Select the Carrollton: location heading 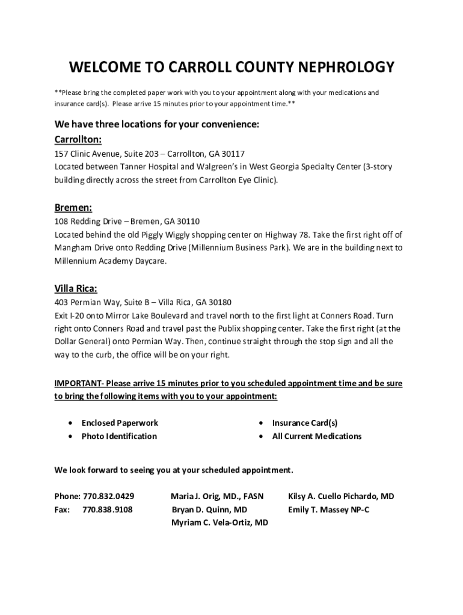(78, 140)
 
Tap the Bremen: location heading (73, 208)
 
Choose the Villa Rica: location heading (76, 288)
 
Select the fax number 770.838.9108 (108, 509)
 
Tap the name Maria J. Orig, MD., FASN (217, 496)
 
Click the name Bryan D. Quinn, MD (209, 509)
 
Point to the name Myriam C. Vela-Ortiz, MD (219, 523)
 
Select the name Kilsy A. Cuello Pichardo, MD (341, 496)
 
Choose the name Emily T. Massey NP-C (328, 509)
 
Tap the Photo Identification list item (119, 436)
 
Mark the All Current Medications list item (316, 436)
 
